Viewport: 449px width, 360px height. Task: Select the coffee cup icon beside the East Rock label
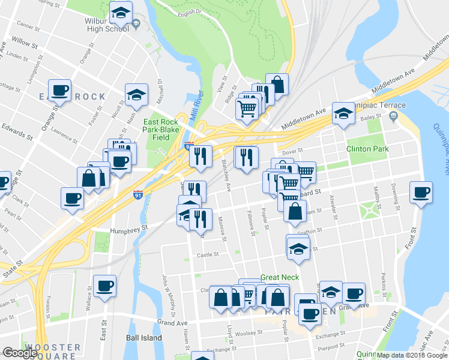point(60,91)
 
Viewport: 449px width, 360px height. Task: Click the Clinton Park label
point(367,149)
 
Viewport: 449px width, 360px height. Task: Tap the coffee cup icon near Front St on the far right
point(421,193)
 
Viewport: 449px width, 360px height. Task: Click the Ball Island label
point(144,338)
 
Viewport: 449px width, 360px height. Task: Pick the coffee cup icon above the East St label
point(104,286)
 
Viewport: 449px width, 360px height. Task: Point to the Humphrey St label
point(128,229)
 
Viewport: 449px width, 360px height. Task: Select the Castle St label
point(209,255)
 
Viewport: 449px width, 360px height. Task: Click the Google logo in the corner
point(19,353)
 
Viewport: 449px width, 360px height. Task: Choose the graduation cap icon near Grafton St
point(298,247)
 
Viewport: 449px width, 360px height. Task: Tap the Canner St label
point(28,25)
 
